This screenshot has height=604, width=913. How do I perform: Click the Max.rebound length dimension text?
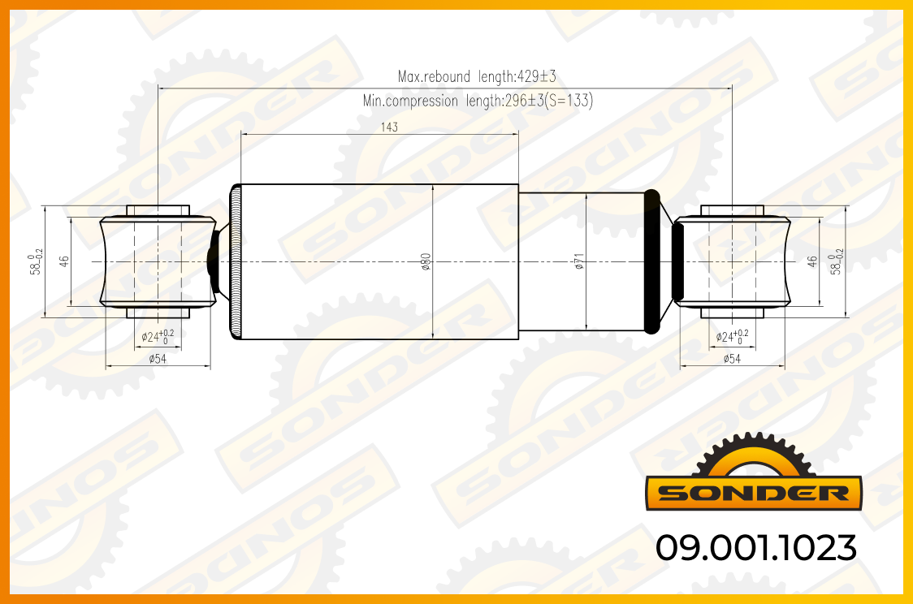[477, 76]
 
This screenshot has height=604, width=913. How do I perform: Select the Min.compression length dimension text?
[478, 101]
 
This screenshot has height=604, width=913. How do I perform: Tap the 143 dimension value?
[390, 127]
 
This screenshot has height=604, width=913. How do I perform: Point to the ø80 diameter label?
[426, 261]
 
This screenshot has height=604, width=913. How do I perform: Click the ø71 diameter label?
[579, 261]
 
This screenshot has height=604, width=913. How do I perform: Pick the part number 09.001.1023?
[756, 547]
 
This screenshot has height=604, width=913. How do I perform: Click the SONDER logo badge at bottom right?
[754, 492]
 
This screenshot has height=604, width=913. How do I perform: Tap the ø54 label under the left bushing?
[158, 359]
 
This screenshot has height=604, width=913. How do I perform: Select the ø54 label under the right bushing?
[732, 359]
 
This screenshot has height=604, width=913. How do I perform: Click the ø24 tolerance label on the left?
[158, 336]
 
